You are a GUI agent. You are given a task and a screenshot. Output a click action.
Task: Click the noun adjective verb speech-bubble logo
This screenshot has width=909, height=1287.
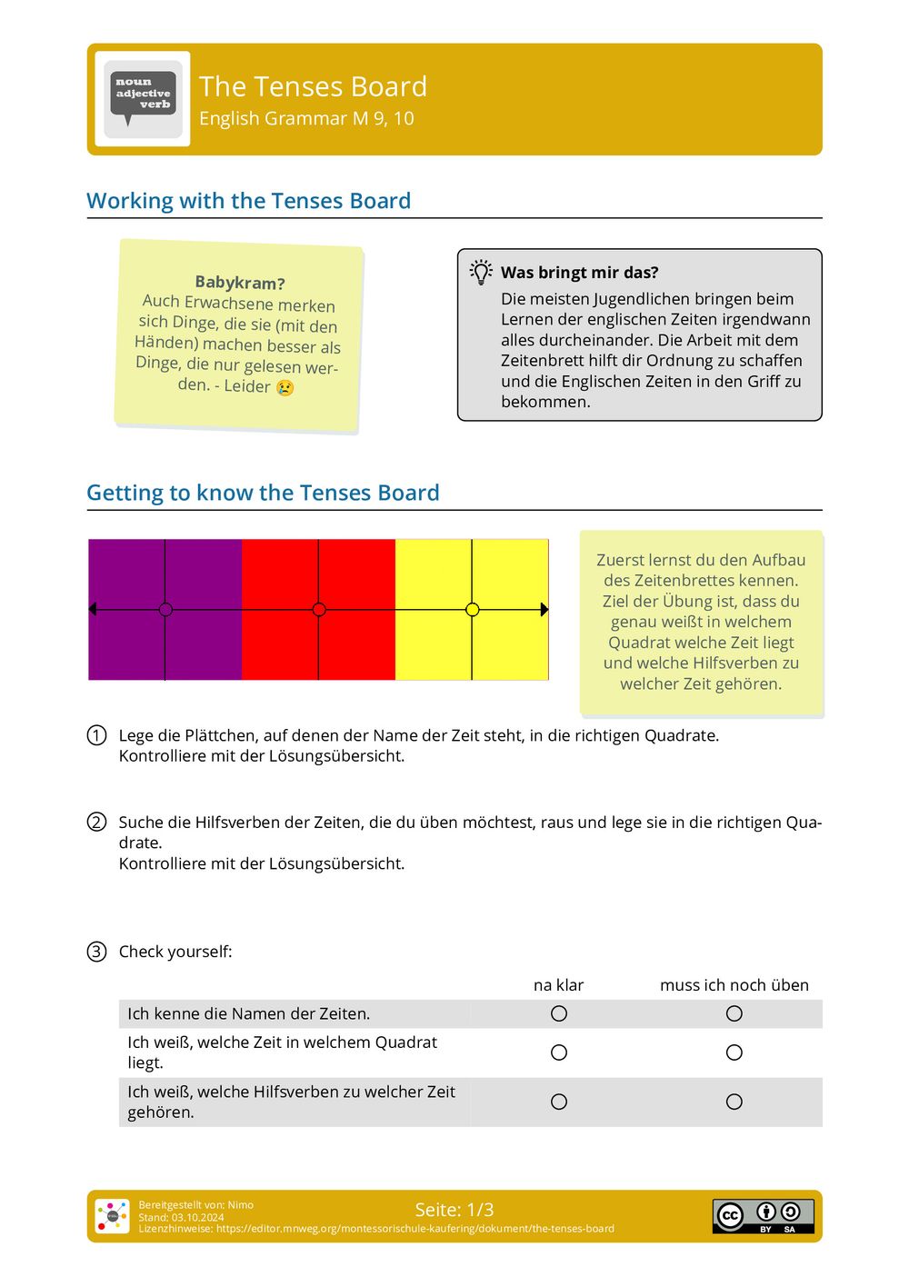click(x=143, y=98)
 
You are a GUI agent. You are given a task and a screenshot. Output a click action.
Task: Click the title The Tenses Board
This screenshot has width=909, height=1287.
click(x=313, y=86)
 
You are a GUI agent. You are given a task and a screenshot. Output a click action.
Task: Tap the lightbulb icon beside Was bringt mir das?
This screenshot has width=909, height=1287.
click(x=481, y=272)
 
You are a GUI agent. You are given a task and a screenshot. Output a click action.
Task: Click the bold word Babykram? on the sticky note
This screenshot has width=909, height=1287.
click(x=240, y=283)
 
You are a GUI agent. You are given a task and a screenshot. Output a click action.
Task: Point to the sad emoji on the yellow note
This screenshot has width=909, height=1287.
click(x=285, y=387)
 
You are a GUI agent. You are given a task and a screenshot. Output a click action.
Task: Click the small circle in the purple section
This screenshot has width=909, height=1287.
click(x=165, y=610)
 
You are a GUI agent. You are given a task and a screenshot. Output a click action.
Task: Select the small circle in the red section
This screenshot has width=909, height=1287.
click(x=319, y=610)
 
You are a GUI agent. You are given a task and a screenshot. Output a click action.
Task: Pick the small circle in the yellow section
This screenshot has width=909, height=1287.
click(x=472, y=610)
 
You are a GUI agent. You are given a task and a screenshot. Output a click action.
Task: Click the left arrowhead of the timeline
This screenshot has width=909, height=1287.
click(x=93, y=610)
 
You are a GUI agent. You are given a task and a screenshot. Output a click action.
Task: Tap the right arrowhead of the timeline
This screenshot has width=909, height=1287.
click(x=544, y=610)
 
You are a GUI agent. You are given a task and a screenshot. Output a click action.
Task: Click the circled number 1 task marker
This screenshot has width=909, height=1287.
click(x=96, y=735)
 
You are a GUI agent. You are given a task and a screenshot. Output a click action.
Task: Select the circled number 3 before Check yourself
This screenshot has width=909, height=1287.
click(x=96, y=952)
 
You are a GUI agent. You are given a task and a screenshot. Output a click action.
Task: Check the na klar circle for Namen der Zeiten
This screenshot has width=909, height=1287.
click(x=559, y=1013)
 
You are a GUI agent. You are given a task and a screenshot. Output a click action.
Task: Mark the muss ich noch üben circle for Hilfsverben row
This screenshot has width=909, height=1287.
click(x=734, y=1102)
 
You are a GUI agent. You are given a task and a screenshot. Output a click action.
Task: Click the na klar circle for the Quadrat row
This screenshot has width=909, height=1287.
click(x=559, y=1053)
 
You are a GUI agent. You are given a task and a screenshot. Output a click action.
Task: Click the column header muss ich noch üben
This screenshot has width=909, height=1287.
click(x=734, y=985)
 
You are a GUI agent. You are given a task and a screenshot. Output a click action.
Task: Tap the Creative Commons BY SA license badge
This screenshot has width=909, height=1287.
click(x=763, y=1216)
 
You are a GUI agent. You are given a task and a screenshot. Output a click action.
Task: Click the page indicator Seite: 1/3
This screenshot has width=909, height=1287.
click(x=454, y=1210)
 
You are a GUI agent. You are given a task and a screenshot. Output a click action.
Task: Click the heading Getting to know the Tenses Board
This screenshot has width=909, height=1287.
click(x=263, y=493)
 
